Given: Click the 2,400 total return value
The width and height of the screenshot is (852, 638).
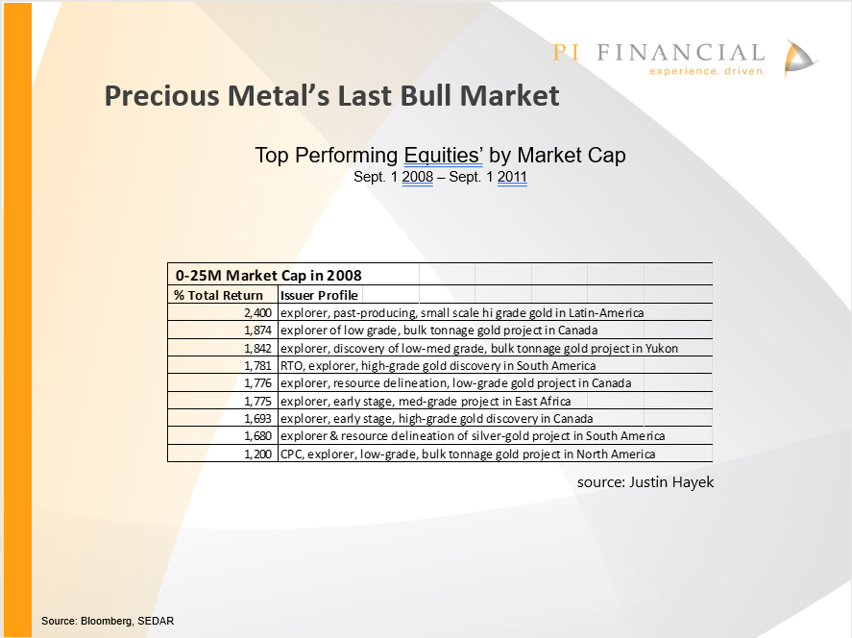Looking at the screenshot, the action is pyautogui.click(x=257, y=313).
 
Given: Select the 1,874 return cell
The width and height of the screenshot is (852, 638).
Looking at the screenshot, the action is pyautogui.click(x=257, y=331).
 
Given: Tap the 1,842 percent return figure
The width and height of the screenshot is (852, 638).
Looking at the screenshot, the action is pyautogui.click(x=257, y=349).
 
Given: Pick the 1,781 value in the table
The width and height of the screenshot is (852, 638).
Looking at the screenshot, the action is pyautogui.click(x=257, y=366).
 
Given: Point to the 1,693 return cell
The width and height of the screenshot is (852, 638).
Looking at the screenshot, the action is pyautogui.click(x=257, y=419).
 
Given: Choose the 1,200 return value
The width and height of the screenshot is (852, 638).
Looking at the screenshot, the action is pyautogui.click(x=257, y=454).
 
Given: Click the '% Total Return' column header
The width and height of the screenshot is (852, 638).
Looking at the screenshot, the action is pyautogui.click(x=218, y=295).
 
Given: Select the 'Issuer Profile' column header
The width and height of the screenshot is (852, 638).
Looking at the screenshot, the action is pyautogui.click(x=319, y=295).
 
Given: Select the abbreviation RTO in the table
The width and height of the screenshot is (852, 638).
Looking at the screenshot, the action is pyautogui.click(x=292, y=366).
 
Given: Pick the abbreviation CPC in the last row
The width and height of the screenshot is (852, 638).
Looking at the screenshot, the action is pyautogui.click(x=291, y=454).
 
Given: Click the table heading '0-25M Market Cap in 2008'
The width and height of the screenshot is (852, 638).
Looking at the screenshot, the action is pyautogui.click(x=268, y=276).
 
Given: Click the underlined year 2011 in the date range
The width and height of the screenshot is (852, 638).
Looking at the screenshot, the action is pyautogui.click(x=512, y=177).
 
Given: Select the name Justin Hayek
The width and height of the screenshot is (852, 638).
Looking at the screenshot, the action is pyautogui.click(x=671, y=482).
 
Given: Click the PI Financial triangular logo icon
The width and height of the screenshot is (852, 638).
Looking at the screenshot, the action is pyautogui.click(x=800, y=58).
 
